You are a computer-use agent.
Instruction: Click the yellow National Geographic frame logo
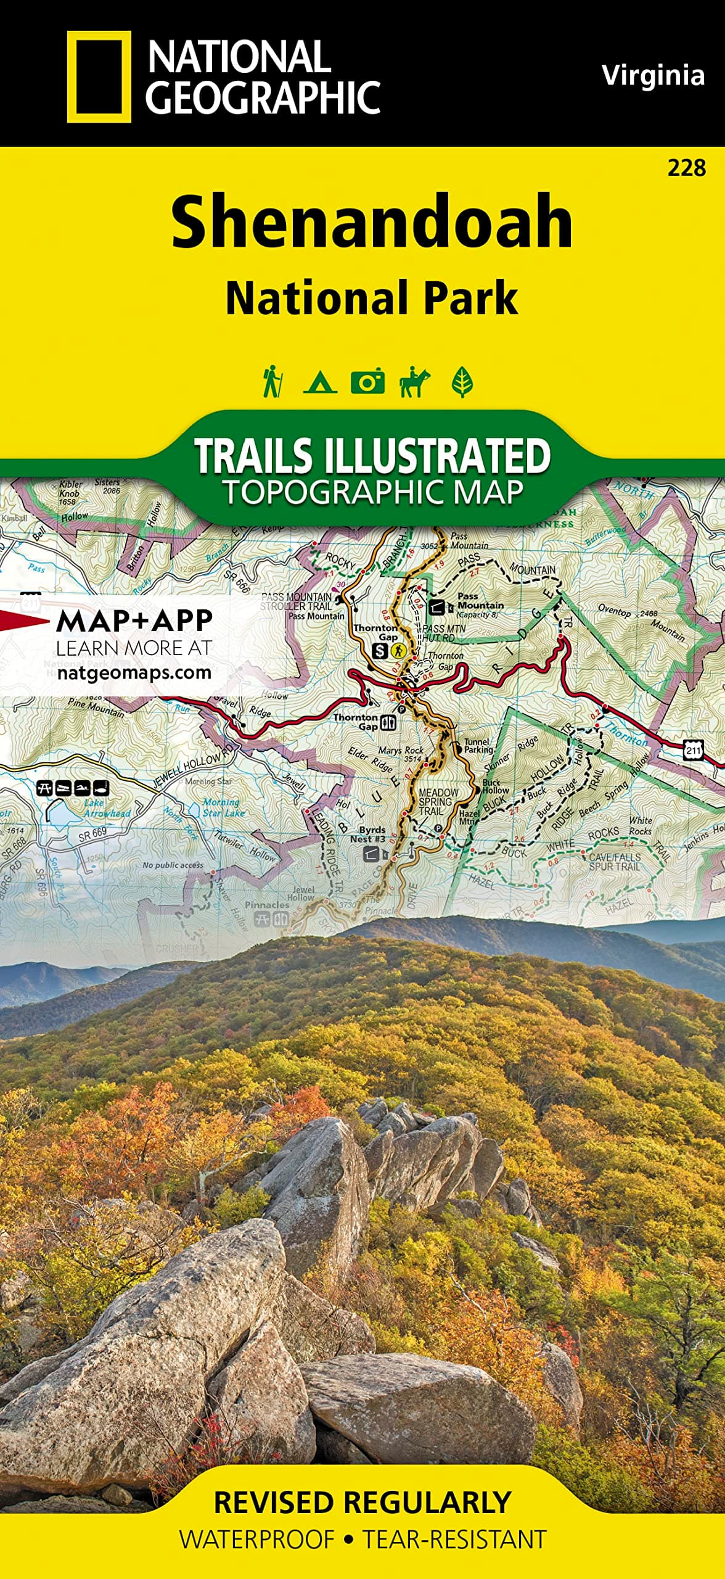coord(99,76)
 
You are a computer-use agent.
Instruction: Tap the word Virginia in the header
coord(653,75)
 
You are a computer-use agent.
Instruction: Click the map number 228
coord(686,168)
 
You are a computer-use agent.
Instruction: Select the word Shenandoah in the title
coord(372,221)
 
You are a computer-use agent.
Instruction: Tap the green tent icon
coord(320,382)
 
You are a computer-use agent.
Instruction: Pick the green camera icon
coord(367,382)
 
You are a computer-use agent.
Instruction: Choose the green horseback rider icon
coord(415,382)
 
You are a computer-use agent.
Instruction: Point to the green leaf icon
coord(462,382)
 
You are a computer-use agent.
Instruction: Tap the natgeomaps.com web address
coord(134,672)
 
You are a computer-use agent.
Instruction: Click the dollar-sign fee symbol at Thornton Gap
coord(382,650)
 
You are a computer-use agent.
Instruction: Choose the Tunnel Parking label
coord(478,746)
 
